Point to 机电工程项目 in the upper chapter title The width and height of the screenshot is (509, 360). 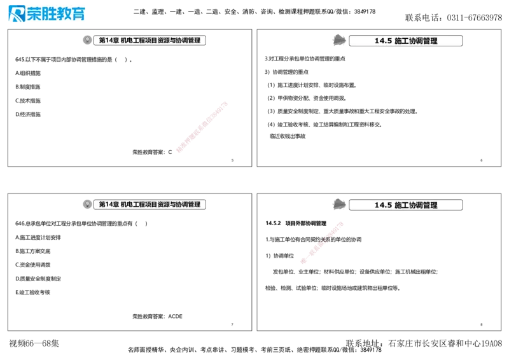click(x=137, y=40)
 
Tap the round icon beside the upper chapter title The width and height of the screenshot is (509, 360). click(x=87, y=40)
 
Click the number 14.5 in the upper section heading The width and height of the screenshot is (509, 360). click(x=383, y=41)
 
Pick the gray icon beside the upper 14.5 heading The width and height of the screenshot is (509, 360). click(x=338, y=40)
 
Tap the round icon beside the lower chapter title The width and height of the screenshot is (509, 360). click(x=87, y=204)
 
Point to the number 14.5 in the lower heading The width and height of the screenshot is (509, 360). click(x=383, y=205)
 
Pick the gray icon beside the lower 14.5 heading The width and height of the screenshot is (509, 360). click(x=338, y=204)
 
